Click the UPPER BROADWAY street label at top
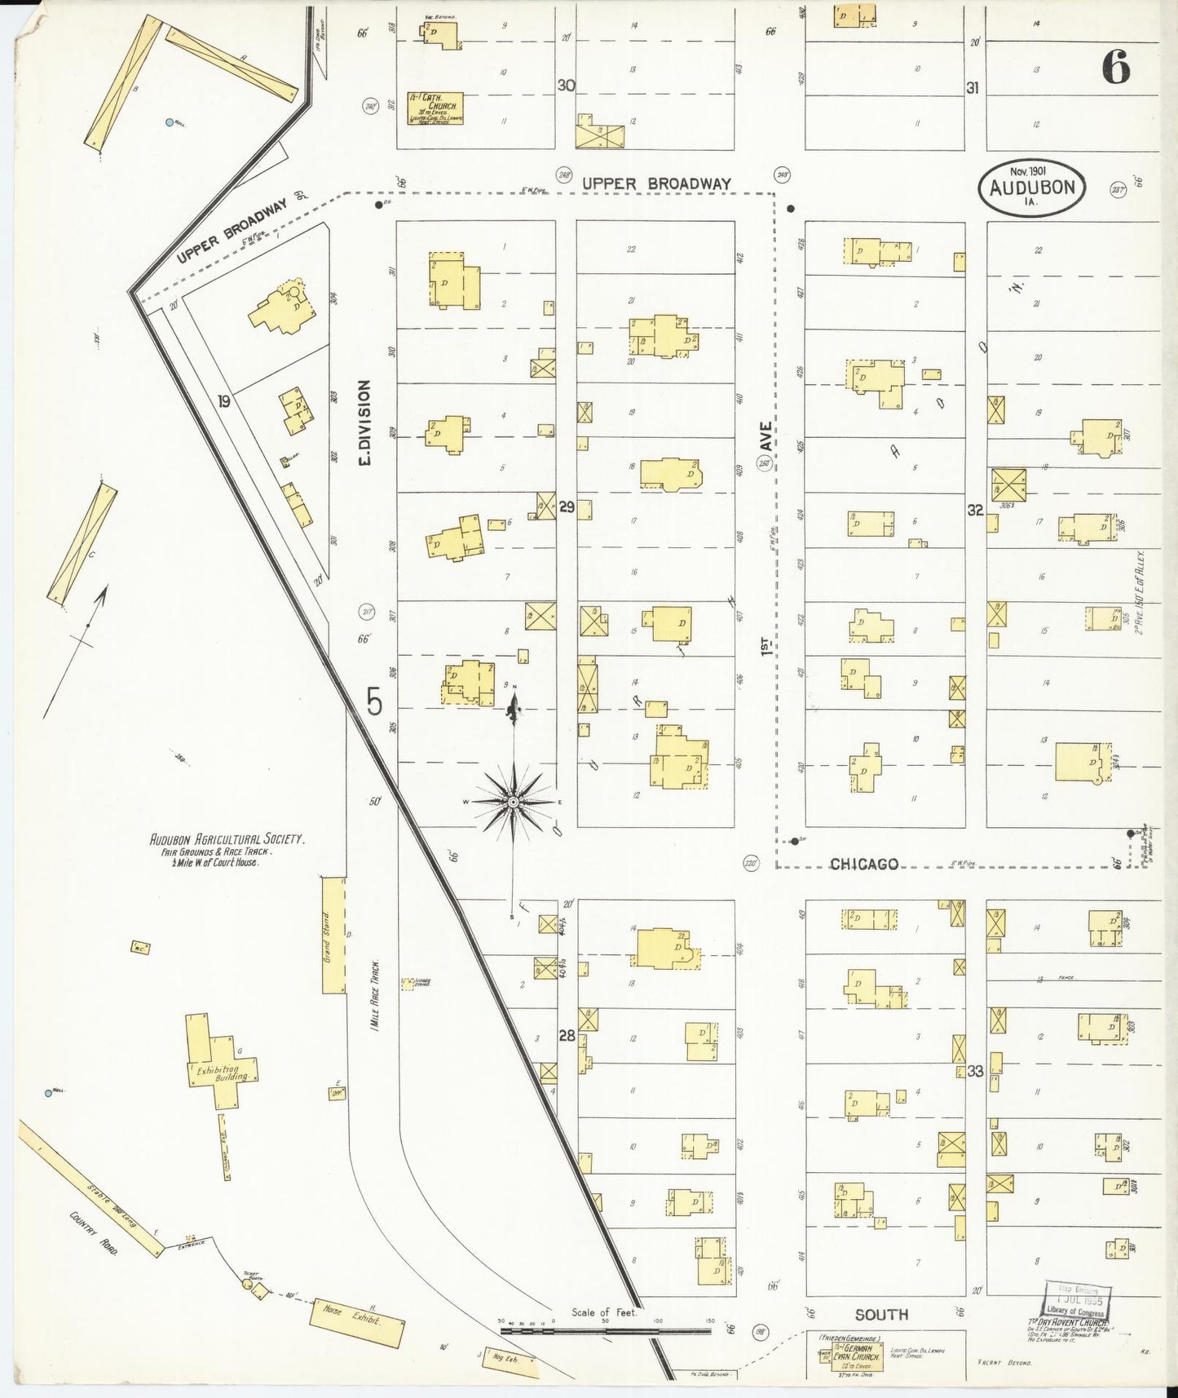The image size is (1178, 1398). coord(656,184)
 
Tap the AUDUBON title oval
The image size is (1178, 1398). coord(1032,188)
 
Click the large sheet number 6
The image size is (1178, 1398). coord(1116,66)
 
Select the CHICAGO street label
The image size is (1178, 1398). coord(864,864)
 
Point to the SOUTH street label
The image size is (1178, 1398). coord(881,1314)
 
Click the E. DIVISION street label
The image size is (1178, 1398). coord(364,422)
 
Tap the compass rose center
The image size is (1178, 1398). coord(513,803)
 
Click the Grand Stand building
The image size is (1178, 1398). coord(333,935)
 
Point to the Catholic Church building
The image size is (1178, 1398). coord(435,108)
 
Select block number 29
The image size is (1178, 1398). coord(567,507)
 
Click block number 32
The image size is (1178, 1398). coord(975,510)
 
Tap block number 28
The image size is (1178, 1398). coord(567,1036)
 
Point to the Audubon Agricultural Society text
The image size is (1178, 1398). coord(227,839)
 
